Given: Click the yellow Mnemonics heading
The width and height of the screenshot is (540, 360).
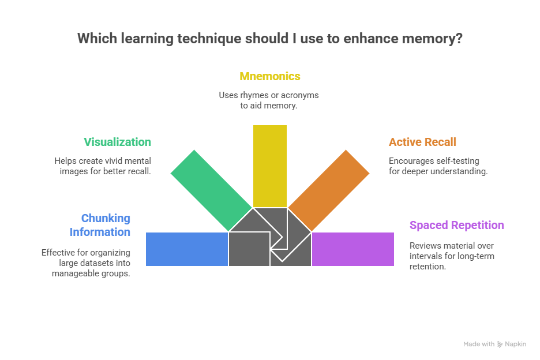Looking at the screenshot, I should (270, 76).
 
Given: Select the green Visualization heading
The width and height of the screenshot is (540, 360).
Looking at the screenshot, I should (117, 142).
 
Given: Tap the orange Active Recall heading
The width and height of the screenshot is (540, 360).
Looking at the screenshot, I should (423, 142).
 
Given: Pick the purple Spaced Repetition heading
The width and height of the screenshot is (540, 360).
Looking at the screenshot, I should (456, 225).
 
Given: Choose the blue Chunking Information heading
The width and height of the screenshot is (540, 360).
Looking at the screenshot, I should (100, 225).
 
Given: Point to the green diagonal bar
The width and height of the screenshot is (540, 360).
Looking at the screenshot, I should (211, 190).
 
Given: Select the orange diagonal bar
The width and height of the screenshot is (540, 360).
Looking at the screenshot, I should (329, 190).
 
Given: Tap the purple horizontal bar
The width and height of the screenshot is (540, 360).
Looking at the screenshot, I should (353, 249).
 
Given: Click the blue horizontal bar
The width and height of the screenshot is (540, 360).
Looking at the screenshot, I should (187, 249).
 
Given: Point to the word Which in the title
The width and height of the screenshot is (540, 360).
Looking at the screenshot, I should (96, 39).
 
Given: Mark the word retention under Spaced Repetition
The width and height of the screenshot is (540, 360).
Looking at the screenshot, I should (427, 267).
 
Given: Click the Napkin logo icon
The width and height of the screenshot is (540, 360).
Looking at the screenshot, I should (500, 344).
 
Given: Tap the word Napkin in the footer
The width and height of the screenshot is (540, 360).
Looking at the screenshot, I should (516, 344).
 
